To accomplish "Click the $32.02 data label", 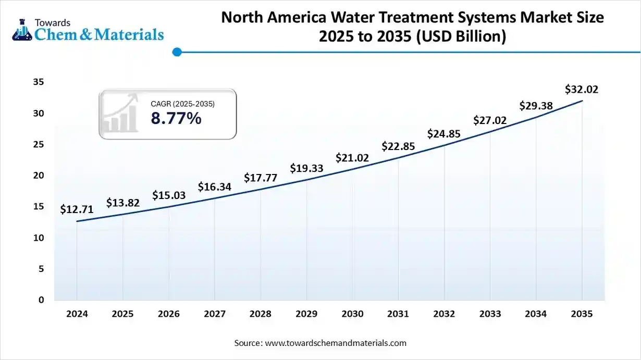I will click(x=582, y=90).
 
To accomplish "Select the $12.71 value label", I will click(x=77, y=210).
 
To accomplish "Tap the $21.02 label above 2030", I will click(x=352, y=158).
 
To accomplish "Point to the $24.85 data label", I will click(x=444, y=134).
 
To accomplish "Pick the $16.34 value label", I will click(x=214, y=187).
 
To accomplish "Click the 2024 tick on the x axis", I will click(x=77, y=314).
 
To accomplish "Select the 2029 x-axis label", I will click(x=306, y=314).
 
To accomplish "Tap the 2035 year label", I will click(x=582, y=314).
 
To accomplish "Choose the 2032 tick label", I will click(x=444, y=314).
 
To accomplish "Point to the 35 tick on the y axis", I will click(x=38, y=82).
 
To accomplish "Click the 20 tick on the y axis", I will click(x=38, y=176).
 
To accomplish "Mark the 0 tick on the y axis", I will click(x=41, y=300).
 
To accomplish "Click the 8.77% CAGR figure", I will click(x=176, y=119).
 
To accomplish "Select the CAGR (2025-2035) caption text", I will click(x=182, y=104).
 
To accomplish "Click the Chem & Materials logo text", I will click(x=99, y=34).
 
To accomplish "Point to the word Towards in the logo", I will click(x=53, y=22).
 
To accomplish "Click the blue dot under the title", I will click(x=177, y=52).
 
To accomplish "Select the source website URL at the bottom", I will click(x=336, y=343).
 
